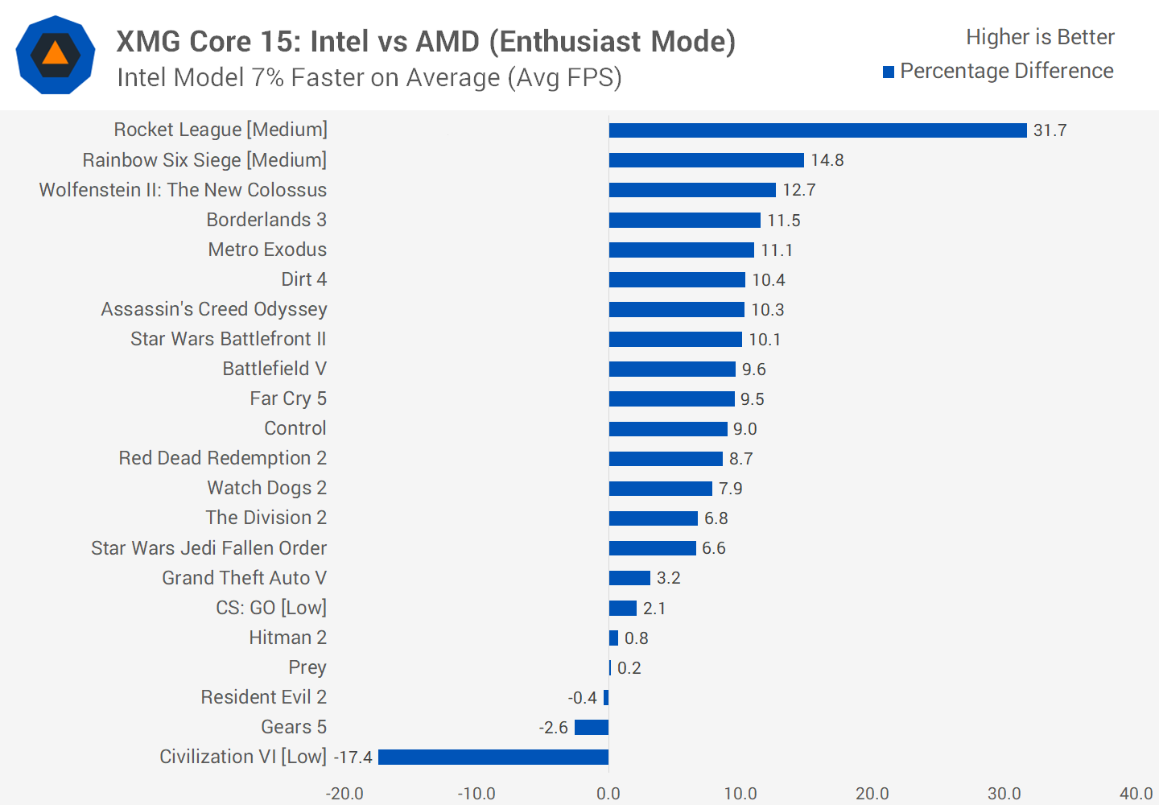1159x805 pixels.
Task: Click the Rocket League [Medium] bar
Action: [x=818, y=130]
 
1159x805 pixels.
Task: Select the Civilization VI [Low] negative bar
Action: [x=493, y=757]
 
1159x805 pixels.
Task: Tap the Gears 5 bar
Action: [x=592, y=728]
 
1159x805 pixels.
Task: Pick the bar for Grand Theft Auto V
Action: [x=629, y=578]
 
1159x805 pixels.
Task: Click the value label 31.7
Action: [x=1050, y=130]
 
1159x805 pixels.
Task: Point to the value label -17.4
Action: [x=353, y=758]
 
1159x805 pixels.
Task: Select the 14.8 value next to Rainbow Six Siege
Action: [x=827, y=160]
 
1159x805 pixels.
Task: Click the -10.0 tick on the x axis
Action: [x=476, y=794]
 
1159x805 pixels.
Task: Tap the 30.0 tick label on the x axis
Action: [x=1004, y=794]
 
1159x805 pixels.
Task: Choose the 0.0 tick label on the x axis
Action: [x=608, y=794]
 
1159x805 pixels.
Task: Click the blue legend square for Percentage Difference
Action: [x=889, y=72]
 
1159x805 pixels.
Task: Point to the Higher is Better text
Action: [x=1040, y=37]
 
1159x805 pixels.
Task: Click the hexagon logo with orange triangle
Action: [x=56, y=55]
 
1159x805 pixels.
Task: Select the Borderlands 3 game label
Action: [x=266, y=220]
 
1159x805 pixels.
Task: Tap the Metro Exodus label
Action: [x=267, y=250]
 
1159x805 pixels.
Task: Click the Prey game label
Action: [x=307, y=667]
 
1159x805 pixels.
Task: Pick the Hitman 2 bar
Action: [x=614, y=638]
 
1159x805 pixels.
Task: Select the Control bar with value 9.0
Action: [x=668, y=429]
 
